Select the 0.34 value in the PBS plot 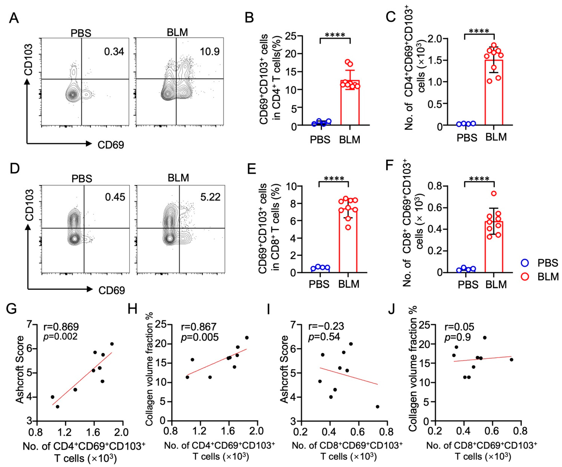click(114, 51)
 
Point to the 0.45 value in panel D click(115, 197)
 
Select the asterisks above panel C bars click(479, 31)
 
